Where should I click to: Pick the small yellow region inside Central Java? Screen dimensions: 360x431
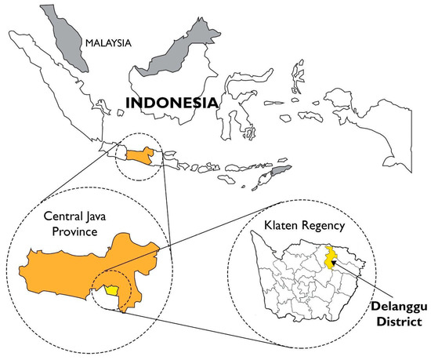pos(114,289)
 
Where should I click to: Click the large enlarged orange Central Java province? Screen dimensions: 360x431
pos(78,267)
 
